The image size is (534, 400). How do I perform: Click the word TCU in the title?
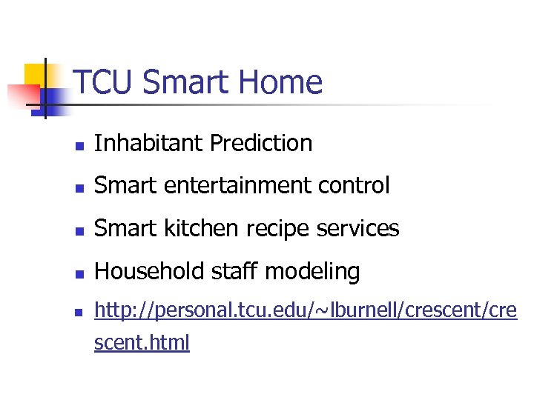click(104, 82)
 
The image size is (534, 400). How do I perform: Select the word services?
click(363, 229)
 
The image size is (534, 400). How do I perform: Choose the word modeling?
click(312, 272)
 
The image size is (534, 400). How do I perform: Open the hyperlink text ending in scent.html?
click(142, 343)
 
